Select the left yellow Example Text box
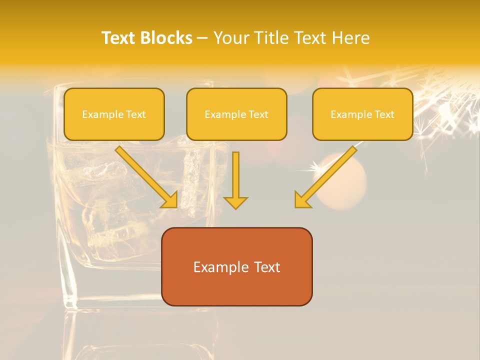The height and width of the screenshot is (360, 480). click(x=114, y=114)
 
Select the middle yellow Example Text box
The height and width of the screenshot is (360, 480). click(x=236, y=114)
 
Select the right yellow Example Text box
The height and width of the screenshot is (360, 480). click(x=362, y=114)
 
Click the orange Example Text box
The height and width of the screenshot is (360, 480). click(x=236, y=266)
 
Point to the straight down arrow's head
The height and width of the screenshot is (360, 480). click(x=235, y=202)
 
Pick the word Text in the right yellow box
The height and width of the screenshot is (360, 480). click(x=384, y=114)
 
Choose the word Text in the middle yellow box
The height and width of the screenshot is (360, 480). click(x=258, y=114)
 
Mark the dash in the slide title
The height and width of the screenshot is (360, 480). click(x=203, y=38)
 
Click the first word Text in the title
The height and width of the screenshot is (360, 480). click(x=119, y=38)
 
